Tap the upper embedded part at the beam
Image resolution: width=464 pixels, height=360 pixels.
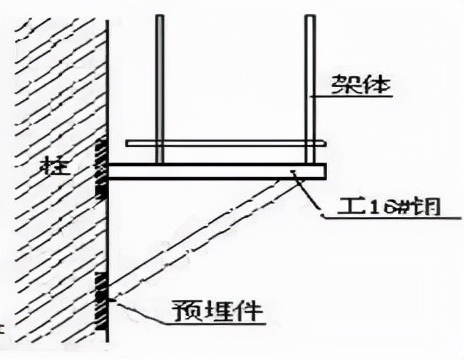coord(101,168)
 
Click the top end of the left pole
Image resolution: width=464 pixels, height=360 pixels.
coord(158,17)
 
